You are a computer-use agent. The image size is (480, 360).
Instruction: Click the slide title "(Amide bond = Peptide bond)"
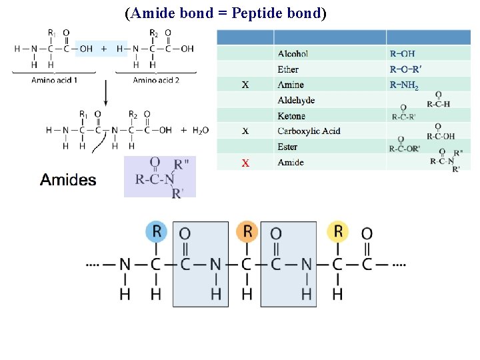coord(225,14)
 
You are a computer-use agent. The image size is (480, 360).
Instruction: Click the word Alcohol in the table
coord(293,53)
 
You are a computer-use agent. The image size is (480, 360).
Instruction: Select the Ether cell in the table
coord(288,69)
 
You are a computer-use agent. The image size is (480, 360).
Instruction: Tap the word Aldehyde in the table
coord(296,101)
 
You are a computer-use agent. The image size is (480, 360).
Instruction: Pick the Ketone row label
coord(291,116)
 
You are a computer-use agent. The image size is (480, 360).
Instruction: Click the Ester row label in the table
coord(287,147)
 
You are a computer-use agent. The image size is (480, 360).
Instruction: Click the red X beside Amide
coord(245,163)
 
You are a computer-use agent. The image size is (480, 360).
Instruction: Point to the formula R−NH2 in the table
coord(404,85)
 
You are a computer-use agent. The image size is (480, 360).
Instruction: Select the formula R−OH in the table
coord(401,53)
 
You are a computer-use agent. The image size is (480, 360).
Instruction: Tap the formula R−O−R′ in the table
coord(406,69)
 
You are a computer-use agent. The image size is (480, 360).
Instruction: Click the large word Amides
coord(68,179)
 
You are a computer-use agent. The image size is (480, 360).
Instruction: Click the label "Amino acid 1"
coord(54,81)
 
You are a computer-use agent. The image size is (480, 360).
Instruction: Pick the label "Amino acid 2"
coord(156,81)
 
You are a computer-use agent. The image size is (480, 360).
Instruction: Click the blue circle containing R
coord(157,231)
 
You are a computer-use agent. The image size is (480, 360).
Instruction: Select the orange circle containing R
coord(247,231)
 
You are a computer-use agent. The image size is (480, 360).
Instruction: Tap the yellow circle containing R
coord(338,231)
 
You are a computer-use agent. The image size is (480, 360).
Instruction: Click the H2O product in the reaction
coord(199,131)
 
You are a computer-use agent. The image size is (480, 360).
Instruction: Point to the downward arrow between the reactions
coord(105,93)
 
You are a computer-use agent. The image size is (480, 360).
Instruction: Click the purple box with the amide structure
coord(160,177)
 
